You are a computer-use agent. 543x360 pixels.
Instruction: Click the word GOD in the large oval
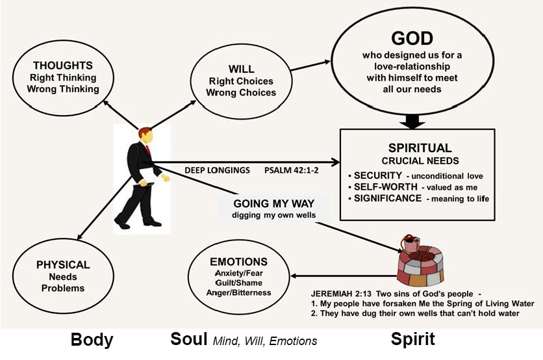point(412,38)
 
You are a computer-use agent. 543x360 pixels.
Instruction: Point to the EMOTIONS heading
point(239,261)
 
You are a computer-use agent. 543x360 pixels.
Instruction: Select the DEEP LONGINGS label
point(218,170)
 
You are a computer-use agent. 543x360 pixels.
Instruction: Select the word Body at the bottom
point(92,339)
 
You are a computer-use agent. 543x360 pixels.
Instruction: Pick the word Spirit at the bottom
point(412,339)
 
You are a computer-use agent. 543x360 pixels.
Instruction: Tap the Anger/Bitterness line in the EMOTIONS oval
point(238,292)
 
